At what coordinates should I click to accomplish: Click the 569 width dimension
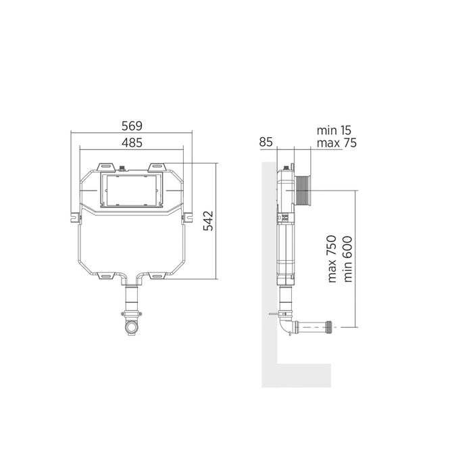click(x=132, y=126)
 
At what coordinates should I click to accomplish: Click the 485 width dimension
click(x=132, y=143)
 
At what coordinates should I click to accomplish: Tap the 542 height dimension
click(x=208, y=221)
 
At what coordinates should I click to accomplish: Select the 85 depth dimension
click(x=266, y=142)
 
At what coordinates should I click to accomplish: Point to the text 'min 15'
click(x=334, y=130)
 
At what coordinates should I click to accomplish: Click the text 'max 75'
click(x=337, y=143)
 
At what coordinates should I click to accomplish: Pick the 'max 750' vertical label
click(x=332, y=259)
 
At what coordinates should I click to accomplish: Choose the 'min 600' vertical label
click(x=347, y=259)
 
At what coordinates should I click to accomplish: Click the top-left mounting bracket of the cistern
click(x=106, y=167)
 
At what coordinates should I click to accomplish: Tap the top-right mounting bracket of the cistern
click(x=157, y=167)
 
